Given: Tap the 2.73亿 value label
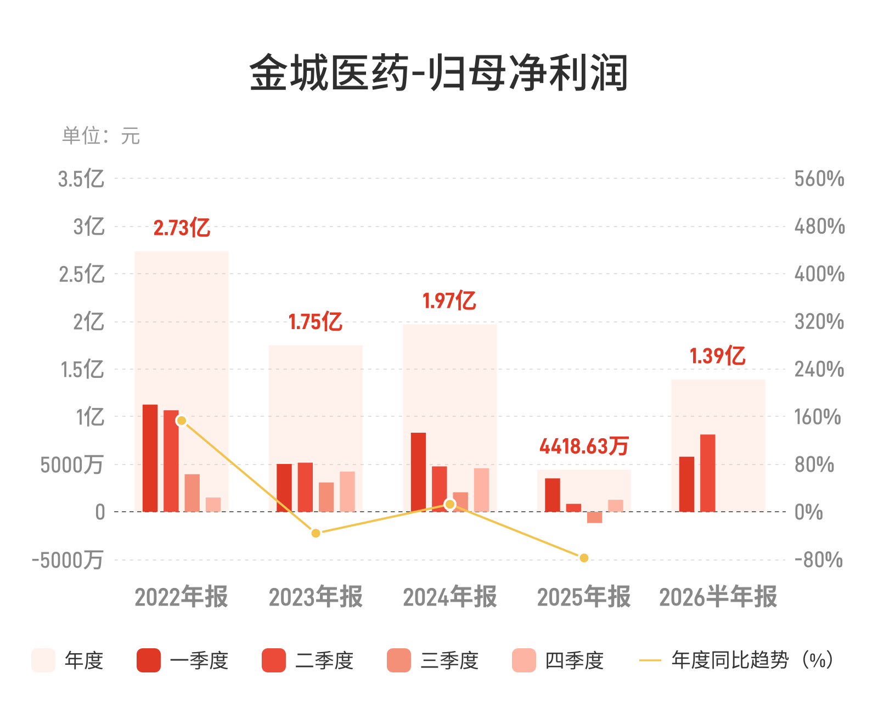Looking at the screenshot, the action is point(182,228).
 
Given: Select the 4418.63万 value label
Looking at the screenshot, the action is point(584,446).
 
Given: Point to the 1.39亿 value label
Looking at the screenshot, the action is point(718,355).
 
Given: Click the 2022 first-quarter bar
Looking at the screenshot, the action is point(150,458).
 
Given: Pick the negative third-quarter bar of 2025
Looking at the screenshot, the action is point(594,517).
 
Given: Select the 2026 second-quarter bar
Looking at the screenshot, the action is point(708,473).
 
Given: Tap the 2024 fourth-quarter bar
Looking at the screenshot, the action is point(481,490).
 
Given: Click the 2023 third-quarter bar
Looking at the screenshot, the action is point(327,497).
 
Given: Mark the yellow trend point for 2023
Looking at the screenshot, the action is point(316,534).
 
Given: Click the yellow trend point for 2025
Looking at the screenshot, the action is point(584,558).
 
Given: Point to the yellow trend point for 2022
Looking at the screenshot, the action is point(182,421).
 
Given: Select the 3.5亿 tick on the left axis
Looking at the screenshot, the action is point(81,179).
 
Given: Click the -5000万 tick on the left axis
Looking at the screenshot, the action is point(67,560).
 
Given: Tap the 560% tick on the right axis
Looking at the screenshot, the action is point(819,179).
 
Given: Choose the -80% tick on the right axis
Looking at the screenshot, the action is point(819,560).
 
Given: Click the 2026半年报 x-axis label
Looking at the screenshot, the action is point(718,596).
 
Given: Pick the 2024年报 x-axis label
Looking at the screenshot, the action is point(450,596).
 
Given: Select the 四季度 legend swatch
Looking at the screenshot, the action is point(524,660).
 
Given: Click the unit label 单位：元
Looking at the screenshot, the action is point(101,135).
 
